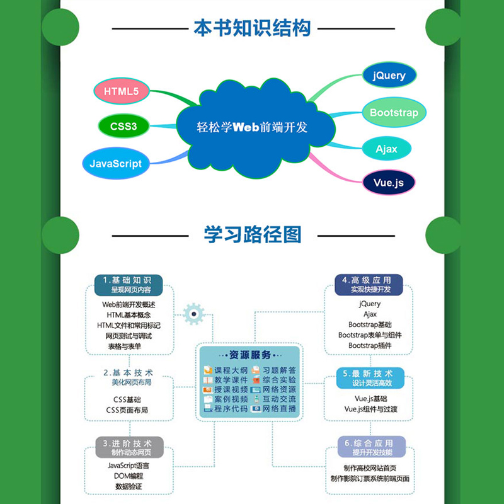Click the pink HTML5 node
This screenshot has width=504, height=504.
[122, 91]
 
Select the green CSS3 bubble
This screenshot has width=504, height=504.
[123, 126]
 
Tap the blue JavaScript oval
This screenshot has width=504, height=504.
[116, 163]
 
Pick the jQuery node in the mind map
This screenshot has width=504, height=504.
[389, 76]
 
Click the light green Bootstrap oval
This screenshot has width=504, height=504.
[394, 113]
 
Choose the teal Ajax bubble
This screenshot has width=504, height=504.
[387, 149]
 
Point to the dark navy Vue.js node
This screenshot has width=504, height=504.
[389, 183]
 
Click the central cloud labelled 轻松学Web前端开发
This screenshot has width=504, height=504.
[252, 127]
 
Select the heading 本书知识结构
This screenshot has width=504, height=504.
[252, 28]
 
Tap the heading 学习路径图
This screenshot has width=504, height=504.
[252, 234]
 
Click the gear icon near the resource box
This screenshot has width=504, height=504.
[193, 314]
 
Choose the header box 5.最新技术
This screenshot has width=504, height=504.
[371, 377]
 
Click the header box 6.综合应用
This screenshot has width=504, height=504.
[371, 447]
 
